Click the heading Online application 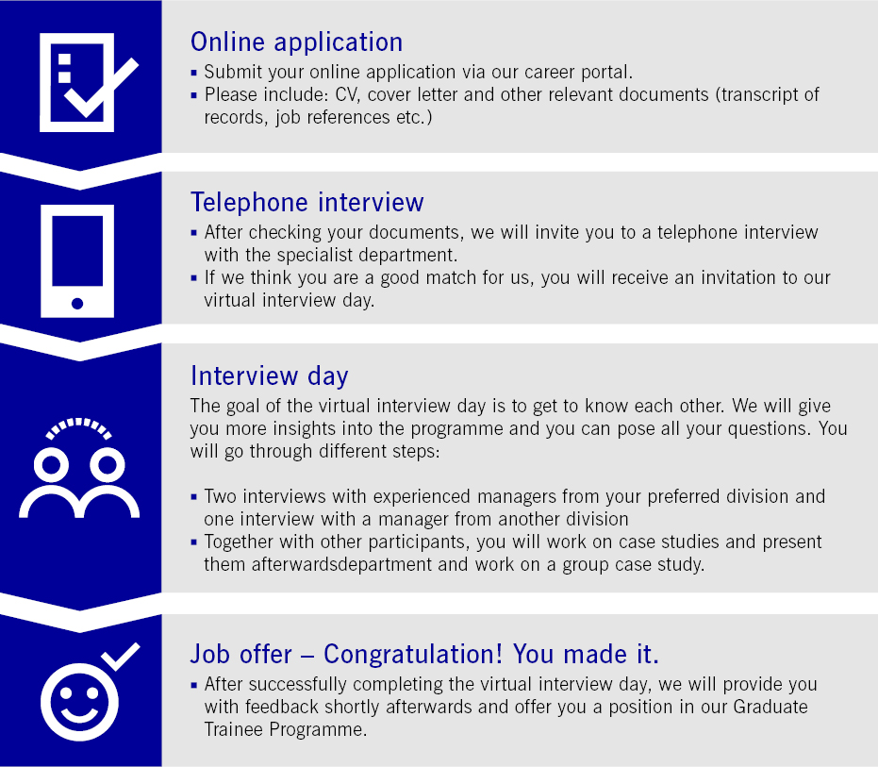296,42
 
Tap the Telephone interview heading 306,202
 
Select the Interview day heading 270,375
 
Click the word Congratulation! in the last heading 413,654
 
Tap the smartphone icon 77,261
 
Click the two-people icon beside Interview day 79,468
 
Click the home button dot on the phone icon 77,304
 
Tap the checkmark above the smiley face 121,656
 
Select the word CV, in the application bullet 348,95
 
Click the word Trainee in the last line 234,729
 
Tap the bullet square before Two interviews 193,497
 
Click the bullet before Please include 193,95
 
